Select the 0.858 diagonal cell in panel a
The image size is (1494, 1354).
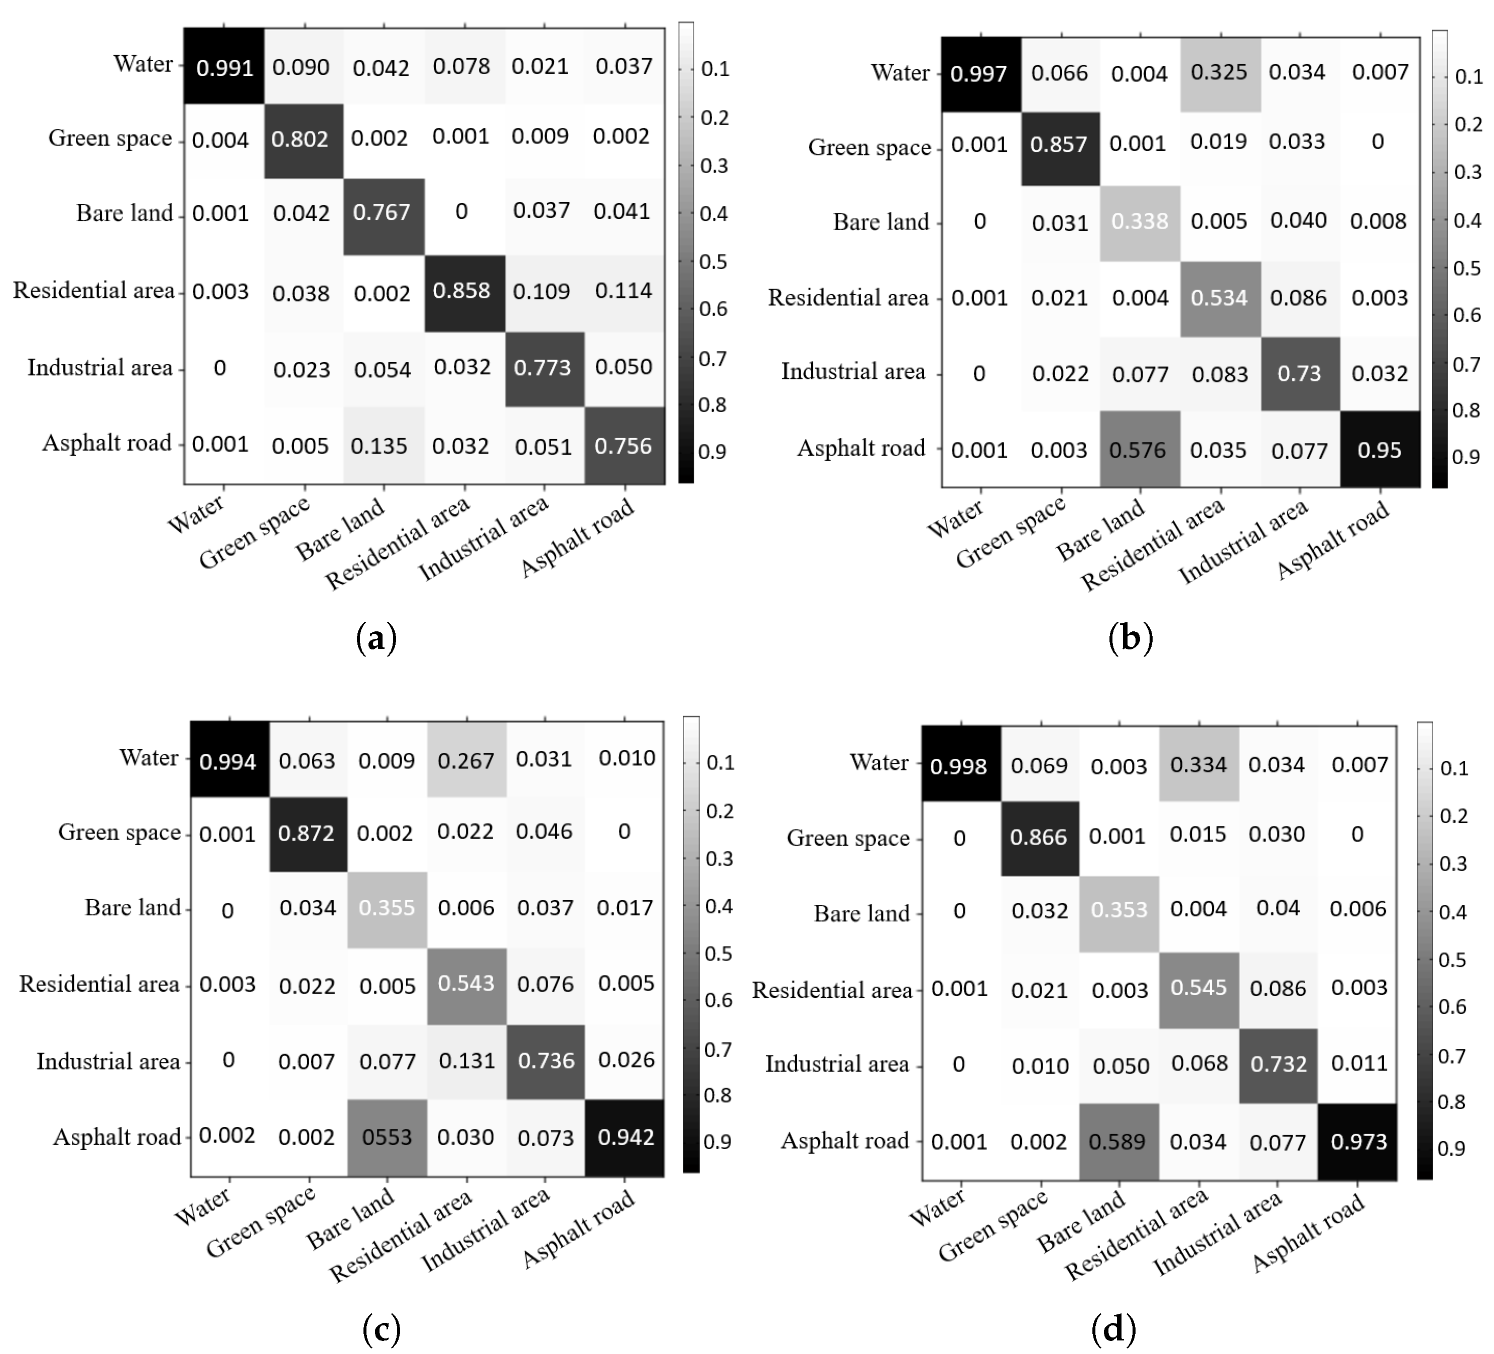coord(462,291)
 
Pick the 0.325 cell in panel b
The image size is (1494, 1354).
coord(1219,73)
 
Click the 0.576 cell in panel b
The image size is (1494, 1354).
coord(1138,450)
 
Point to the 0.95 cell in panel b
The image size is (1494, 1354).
coord(1379,450)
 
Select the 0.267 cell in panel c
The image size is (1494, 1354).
coord(466,761)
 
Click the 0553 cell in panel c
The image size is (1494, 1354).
coord(387,1137)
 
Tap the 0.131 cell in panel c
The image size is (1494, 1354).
coord(466,1061)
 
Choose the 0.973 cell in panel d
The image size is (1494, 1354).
coord(1358,1141)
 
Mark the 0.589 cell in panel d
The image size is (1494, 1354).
coord(1117,1141)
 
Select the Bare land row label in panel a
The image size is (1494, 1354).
coord(125,213)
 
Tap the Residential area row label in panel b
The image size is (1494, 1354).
coord(848,298)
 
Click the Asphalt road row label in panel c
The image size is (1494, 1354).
coord(117,1137)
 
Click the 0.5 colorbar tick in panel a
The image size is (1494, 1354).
coord(713,261)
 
